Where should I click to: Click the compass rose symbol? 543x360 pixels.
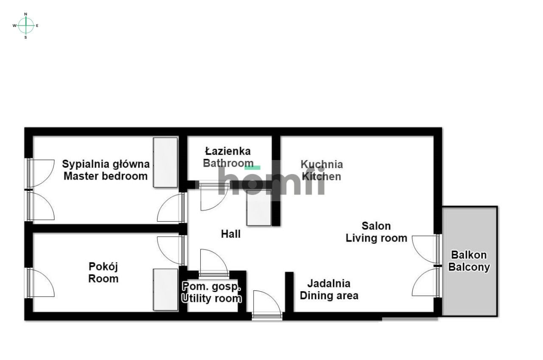[x=26, y=25]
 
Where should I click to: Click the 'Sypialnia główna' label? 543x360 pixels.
[x=106, y=164]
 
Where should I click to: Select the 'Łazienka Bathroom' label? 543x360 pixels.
[x=227, y=157]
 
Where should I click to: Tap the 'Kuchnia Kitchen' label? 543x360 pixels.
[x=322, y=170]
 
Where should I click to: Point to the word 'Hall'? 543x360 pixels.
[x=231, y=234]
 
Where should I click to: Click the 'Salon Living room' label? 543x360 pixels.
[x=376, y=232]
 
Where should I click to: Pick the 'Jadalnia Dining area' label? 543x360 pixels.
[x=329, y=290]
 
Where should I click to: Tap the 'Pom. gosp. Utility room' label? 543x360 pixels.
[x=212, y=292]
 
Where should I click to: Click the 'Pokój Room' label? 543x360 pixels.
[x=104, y=273]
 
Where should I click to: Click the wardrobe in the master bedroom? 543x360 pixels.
[x=165, y=162]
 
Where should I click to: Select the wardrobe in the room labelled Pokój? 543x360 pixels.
[x=165, y=289]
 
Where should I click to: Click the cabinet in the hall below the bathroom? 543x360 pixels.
[x=259, y=208]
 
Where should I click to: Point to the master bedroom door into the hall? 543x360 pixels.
[x=171, y=208]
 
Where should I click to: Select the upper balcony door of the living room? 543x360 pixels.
[x=425, y=249]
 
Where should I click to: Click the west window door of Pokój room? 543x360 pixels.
[x=41, y=283]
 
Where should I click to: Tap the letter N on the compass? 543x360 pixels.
[x=26, y=14]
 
